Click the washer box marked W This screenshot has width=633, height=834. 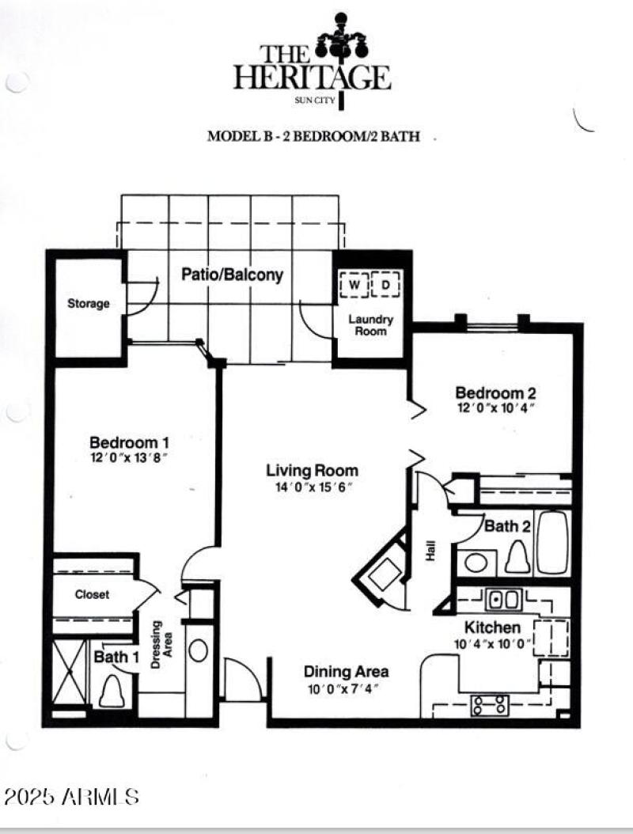(x=354, y=285)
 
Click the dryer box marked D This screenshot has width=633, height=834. (x=386, y=285)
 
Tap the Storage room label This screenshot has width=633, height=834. (x=88, y=304)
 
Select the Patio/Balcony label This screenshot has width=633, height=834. (x=232, y=275)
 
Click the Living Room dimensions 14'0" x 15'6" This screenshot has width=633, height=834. (x=312, y=487)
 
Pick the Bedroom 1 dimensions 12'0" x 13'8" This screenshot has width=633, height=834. (x=129, y=458)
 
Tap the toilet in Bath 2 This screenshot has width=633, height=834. (x=517, y=557)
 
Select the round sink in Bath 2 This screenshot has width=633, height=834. (x=477, y=563)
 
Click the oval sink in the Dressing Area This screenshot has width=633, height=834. (x=199, y=650)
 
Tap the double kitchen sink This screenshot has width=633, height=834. (x=502, y=600)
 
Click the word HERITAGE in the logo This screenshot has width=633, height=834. (x=312, y=78)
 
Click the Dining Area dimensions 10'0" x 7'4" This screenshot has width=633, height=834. (x=346, y=688)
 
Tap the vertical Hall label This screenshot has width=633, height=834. (x=431, y=553)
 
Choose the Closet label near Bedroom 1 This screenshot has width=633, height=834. (x=93, y=594)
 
